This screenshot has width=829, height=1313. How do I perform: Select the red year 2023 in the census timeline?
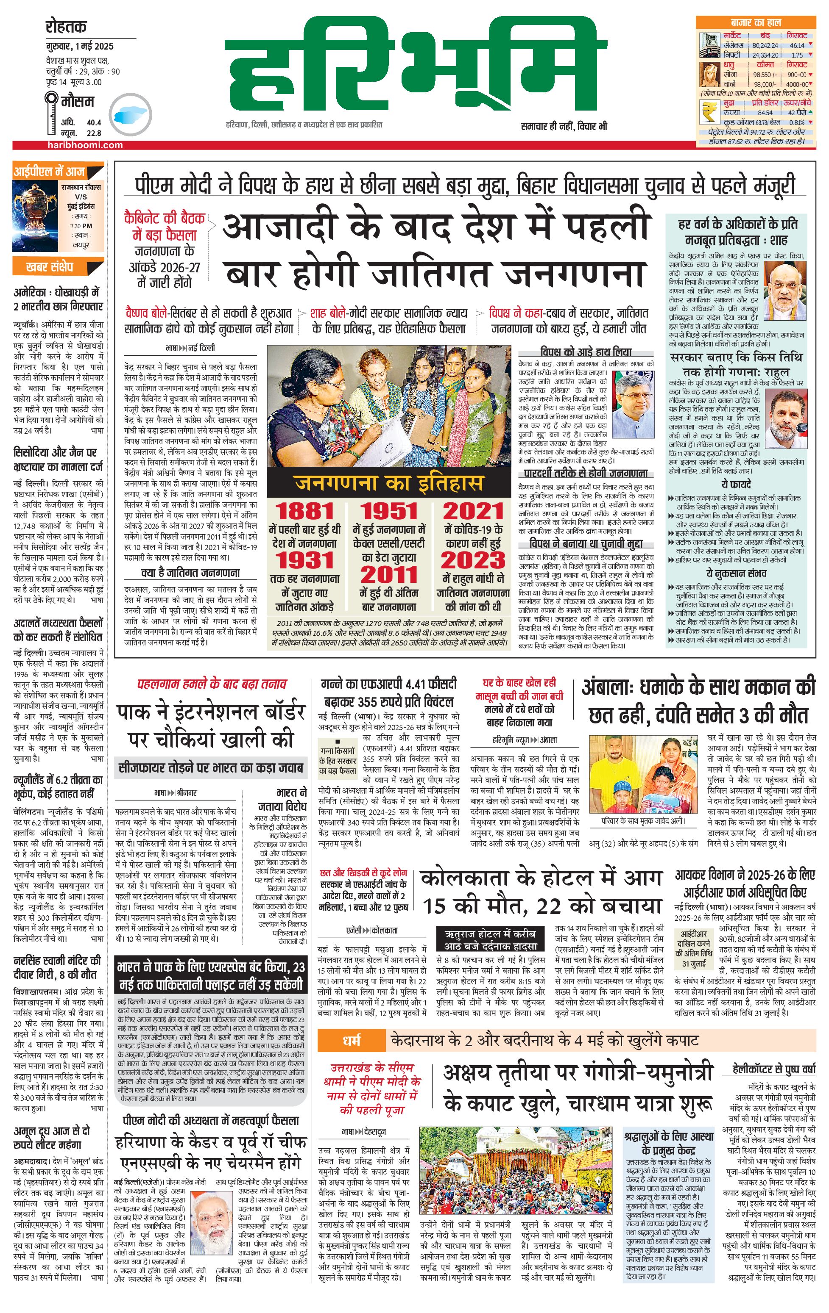473,560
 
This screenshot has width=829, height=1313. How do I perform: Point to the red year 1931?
304,560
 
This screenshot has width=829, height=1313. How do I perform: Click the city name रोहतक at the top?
67,27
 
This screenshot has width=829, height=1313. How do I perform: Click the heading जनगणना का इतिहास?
388,482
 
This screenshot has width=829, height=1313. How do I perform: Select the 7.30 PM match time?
81,226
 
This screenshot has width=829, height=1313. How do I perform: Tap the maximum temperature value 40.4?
94,123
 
